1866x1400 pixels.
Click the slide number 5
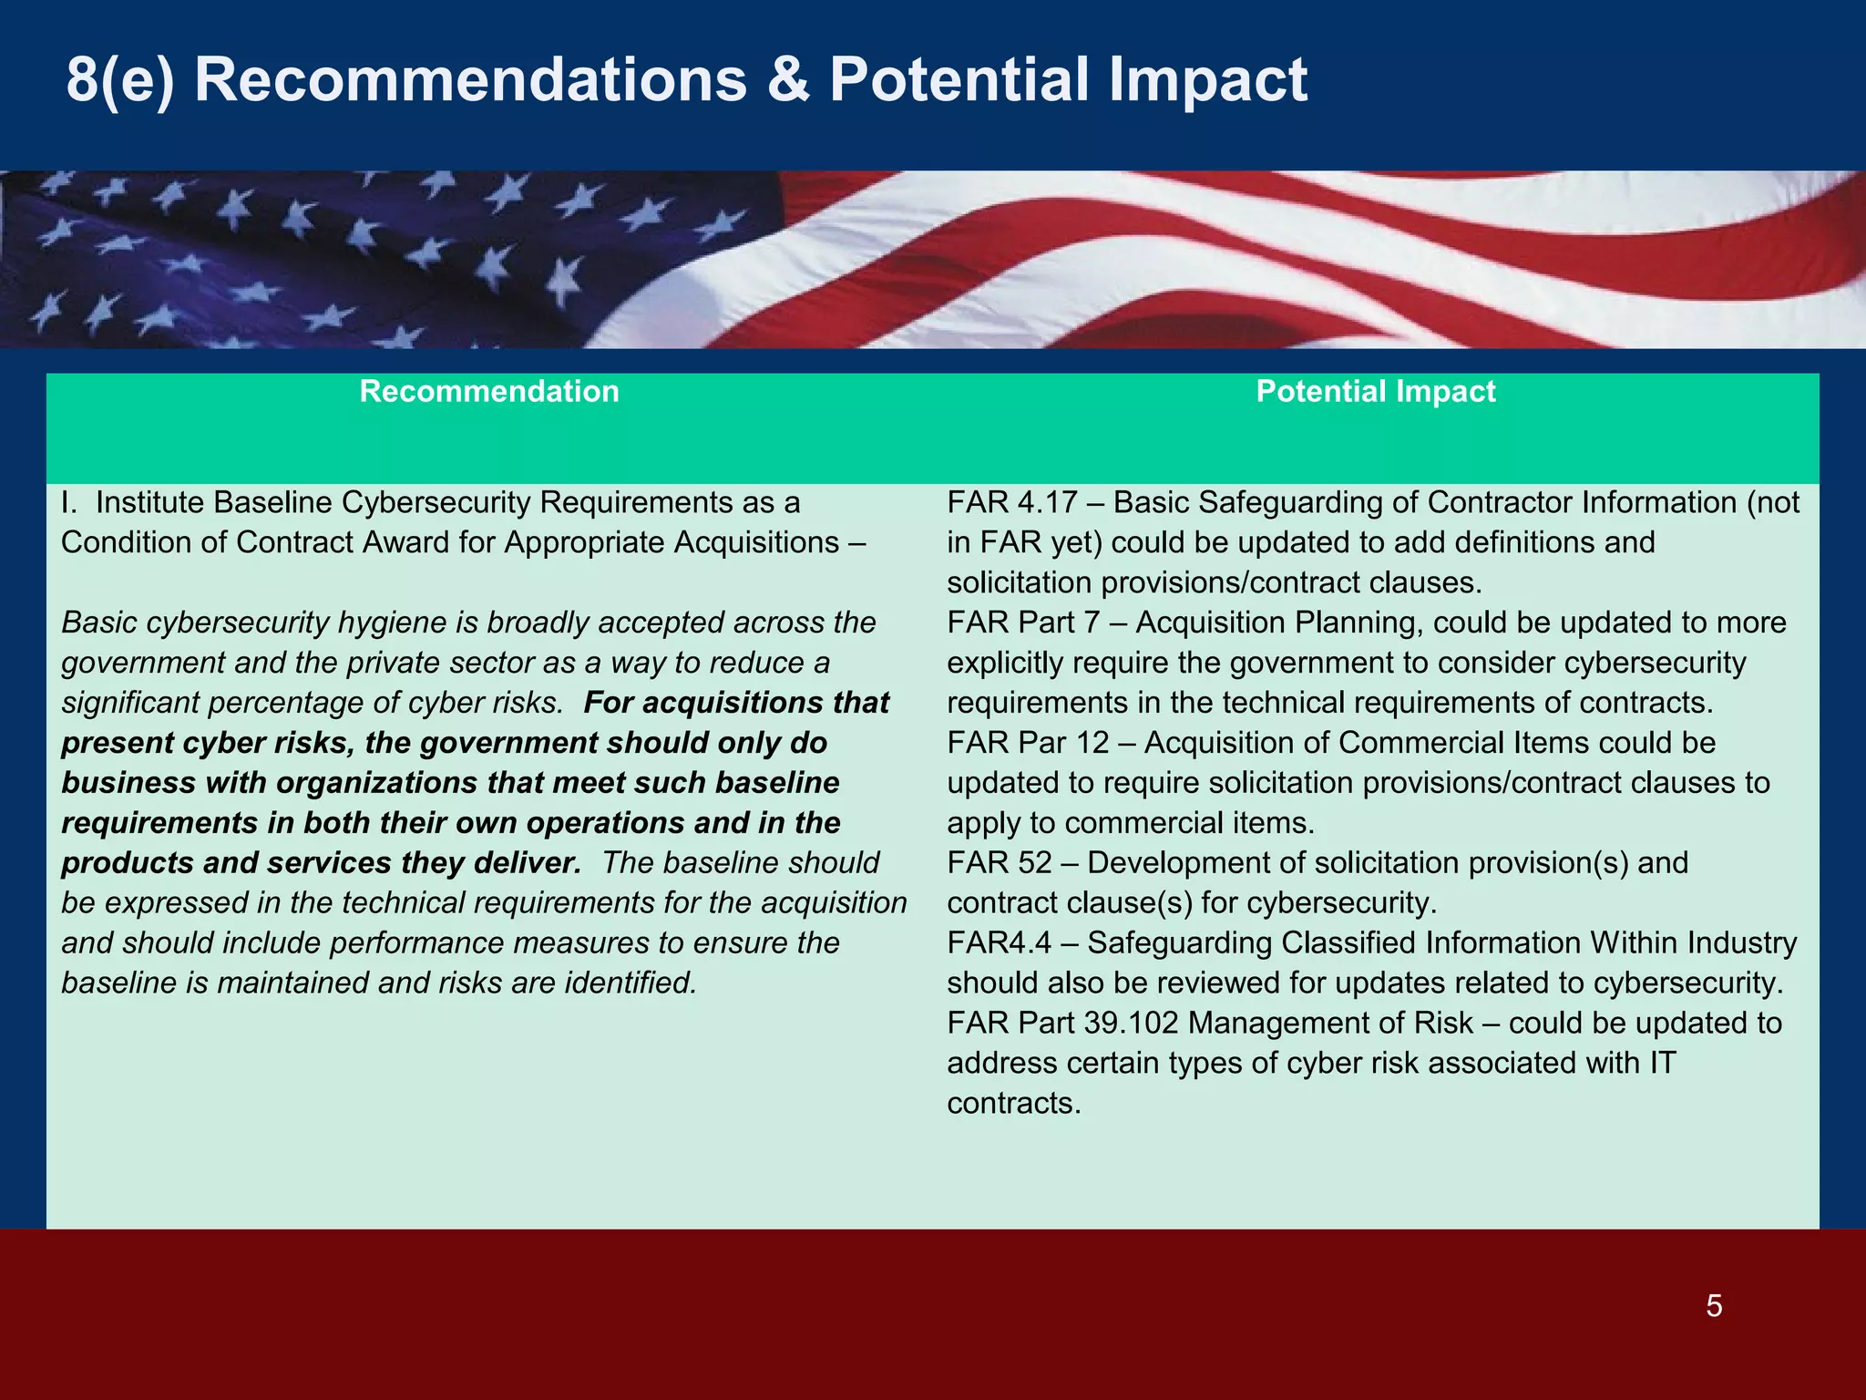tap(1714, 1306)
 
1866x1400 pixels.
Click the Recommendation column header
tap(489, 391)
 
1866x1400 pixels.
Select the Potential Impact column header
tap(1375, 391)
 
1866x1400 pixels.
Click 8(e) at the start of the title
tap(119, 80)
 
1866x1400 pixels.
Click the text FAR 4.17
tap(1012, 502)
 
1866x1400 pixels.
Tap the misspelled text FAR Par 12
tap(1028, 743)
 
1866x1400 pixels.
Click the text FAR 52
tap(1000, 862)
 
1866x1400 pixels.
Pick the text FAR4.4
tap(1000, 942)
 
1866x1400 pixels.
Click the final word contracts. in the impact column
tap(1013, 1103)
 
